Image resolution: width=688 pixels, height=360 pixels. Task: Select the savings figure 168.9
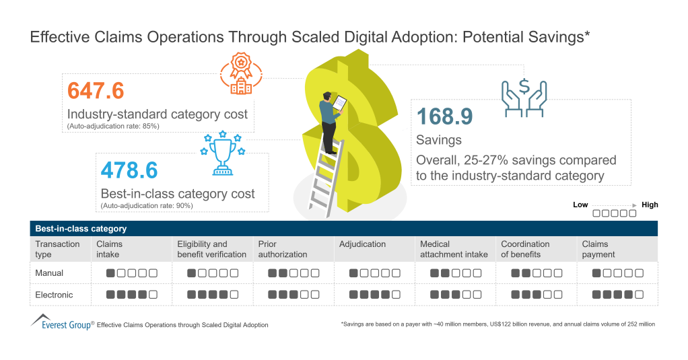(x=445, y=117)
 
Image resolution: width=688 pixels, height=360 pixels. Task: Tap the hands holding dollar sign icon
(x=523, y=97)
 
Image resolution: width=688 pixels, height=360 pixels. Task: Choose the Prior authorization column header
(x=282, y=250)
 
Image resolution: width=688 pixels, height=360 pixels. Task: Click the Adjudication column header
(x=362, y=244)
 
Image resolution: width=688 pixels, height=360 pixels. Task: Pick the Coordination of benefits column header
(x=525, y=250)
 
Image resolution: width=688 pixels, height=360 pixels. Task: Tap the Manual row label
(x=49, y=273)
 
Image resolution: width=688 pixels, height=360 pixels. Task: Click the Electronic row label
(x=54, y=295)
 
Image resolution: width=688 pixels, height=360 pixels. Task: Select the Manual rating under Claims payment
(x=618, y=274)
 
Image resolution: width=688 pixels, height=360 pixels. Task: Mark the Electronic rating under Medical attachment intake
(x=456, y=295)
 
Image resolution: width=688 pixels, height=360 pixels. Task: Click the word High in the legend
(x=650, y=205)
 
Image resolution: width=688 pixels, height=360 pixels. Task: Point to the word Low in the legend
(x=580, y=205)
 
